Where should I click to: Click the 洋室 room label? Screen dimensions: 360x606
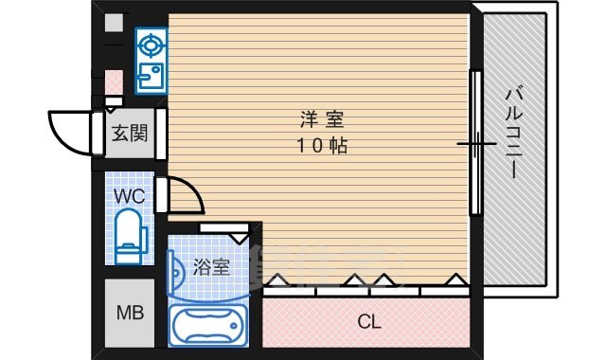(x=322, y=119)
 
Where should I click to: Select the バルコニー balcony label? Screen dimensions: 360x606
(x=515, y=134)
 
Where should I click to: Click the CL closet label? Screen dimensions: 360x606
(x=369, y=322)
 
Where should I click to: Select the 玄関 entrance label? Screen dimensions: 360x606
(x=129, y=134)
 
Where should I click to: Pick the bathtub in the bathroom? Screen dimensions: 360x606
(x=207, y=324)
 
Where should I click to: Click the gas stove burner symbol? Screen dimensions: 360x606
(x=150, y=44)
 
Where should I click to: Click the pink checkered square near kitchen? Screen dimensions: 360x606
(x=114, y=81)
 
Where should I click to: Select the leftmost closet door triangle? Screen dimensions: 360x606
(x=278, y=280)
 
